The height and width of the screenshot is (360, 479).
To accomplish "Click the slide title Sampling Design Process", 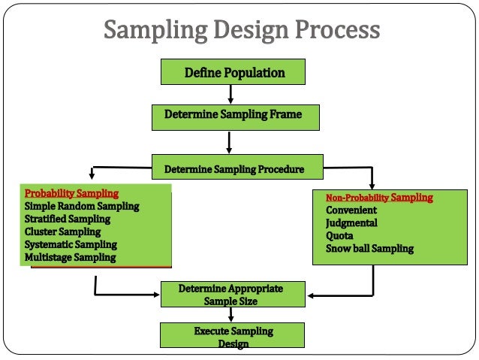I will pos(242,31).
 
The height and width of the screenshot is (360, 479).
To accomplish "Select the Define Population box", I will pos(233,73).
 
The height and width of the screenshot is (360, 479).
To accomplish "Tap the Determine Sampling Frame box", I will pos(233,114).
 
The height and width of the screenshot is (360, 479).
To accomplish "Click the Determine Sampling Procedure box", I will pos(233,169).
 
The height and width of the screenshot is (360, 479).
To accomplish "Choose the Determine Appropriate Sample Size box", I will pos(231,295).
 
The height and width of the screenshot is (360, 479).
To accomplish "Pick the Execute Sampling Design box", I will pos(233,336).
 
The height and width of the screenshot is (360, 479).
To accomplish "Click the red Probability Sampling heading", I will pos(71,193).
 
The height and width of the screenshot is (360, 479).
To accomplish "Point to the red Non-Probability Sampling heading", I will pos(379,198).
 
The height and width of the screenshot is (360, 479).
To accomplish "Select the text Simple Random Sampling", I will pos(82,206).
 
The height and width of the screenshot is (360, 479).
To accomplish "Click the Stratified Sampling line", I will pos(68,219).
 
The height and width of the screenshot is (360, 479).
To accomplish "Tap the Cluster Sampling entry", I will pos(62,231).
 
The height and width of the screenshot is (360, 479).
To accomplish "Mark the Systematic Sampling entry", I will pos(71,244).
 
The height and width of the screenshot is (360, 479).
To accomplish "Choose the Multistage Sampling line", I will pos(70,257).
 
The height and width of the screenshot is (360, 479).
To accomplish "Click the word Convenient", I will pos(351,210).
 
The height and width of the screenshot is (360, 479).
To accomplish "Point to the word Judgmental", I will pos(351,223).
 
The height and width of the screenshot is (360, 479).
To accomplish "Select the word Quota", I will pos(339,236).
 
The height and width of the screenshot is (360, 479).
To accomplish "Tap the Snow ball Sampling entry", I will pos(369,249).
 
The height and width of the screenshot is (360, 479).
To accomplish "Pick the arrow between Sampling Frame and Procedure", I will pos(231,141).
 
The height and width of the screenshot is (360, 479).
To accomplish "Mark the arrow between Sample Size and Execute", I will pos(231,315).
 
